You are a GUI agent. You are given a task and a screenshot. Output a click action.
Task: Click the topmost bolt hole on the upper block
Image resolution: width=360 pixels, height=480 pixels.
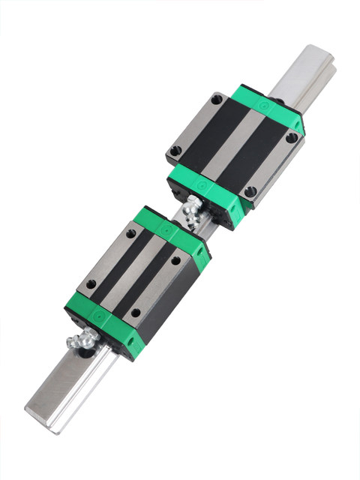pos(217,98)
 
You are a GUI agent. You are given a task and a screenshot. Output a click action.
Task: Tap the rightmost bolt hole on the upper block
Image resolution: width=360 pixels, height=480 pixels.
pos(291,138)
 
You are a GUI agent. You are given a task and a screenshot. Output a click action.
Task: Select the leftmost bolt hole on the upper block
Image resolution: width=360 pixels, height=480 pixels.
pos(176,151)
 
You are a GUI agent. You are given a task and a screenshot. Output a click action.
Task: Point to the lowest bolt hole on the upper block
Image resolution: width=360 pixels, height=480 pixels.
pos(250,191)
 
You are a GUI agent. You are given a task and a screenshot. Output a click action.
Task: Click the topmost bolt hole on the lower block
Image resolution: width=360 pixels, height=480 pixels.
pos(130,233)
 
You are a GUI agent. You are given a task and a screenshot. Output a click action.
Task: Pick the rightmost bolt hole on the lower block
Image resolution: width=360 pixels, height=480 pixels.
pos(176,261)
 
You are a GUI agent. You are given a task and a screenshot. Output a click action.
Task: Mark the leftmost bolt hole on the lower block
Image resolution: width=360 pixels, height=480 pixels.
pos(91,284)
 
